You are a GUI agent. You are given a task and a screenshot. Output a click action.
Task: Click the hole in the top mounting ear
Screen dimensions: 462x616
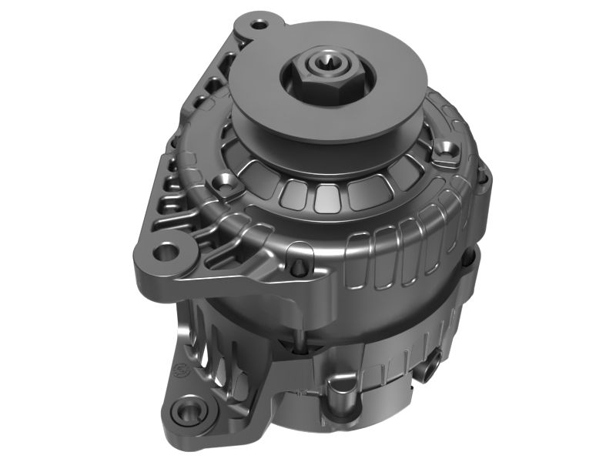pyautogui.click(x=259, y=24)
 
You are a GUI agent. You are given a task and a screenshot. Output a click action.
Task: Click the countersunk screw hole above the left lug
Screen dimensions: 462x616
pyautogui.click(x=226, y=184)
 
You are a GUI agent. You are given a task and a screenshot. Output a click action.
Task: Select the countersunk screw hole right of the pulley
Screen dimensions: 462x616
pyautogui.click(x=446, y=147)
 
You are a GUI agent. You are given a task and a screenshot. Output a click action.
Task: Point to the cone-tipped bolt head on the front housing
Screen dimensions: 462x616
pyautogui.click(x=299, y=267)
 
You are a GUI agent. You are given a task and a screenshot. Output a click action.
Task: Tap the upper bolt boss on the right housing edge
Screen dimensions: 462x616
pyautogui.click(x=482, y=179)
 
